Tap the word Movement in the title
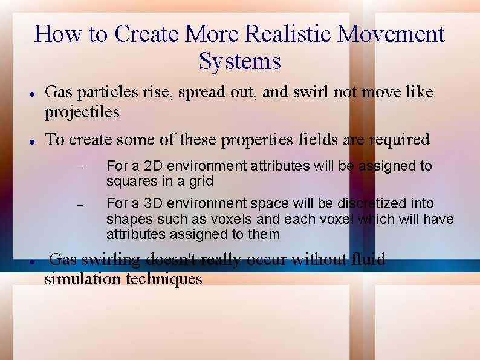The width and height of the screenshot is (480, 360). coord(391,34)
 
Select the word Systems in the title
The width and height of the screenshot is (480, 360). coord(239,62)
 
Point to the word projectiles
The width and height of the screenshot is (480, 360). coord(82,112)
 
